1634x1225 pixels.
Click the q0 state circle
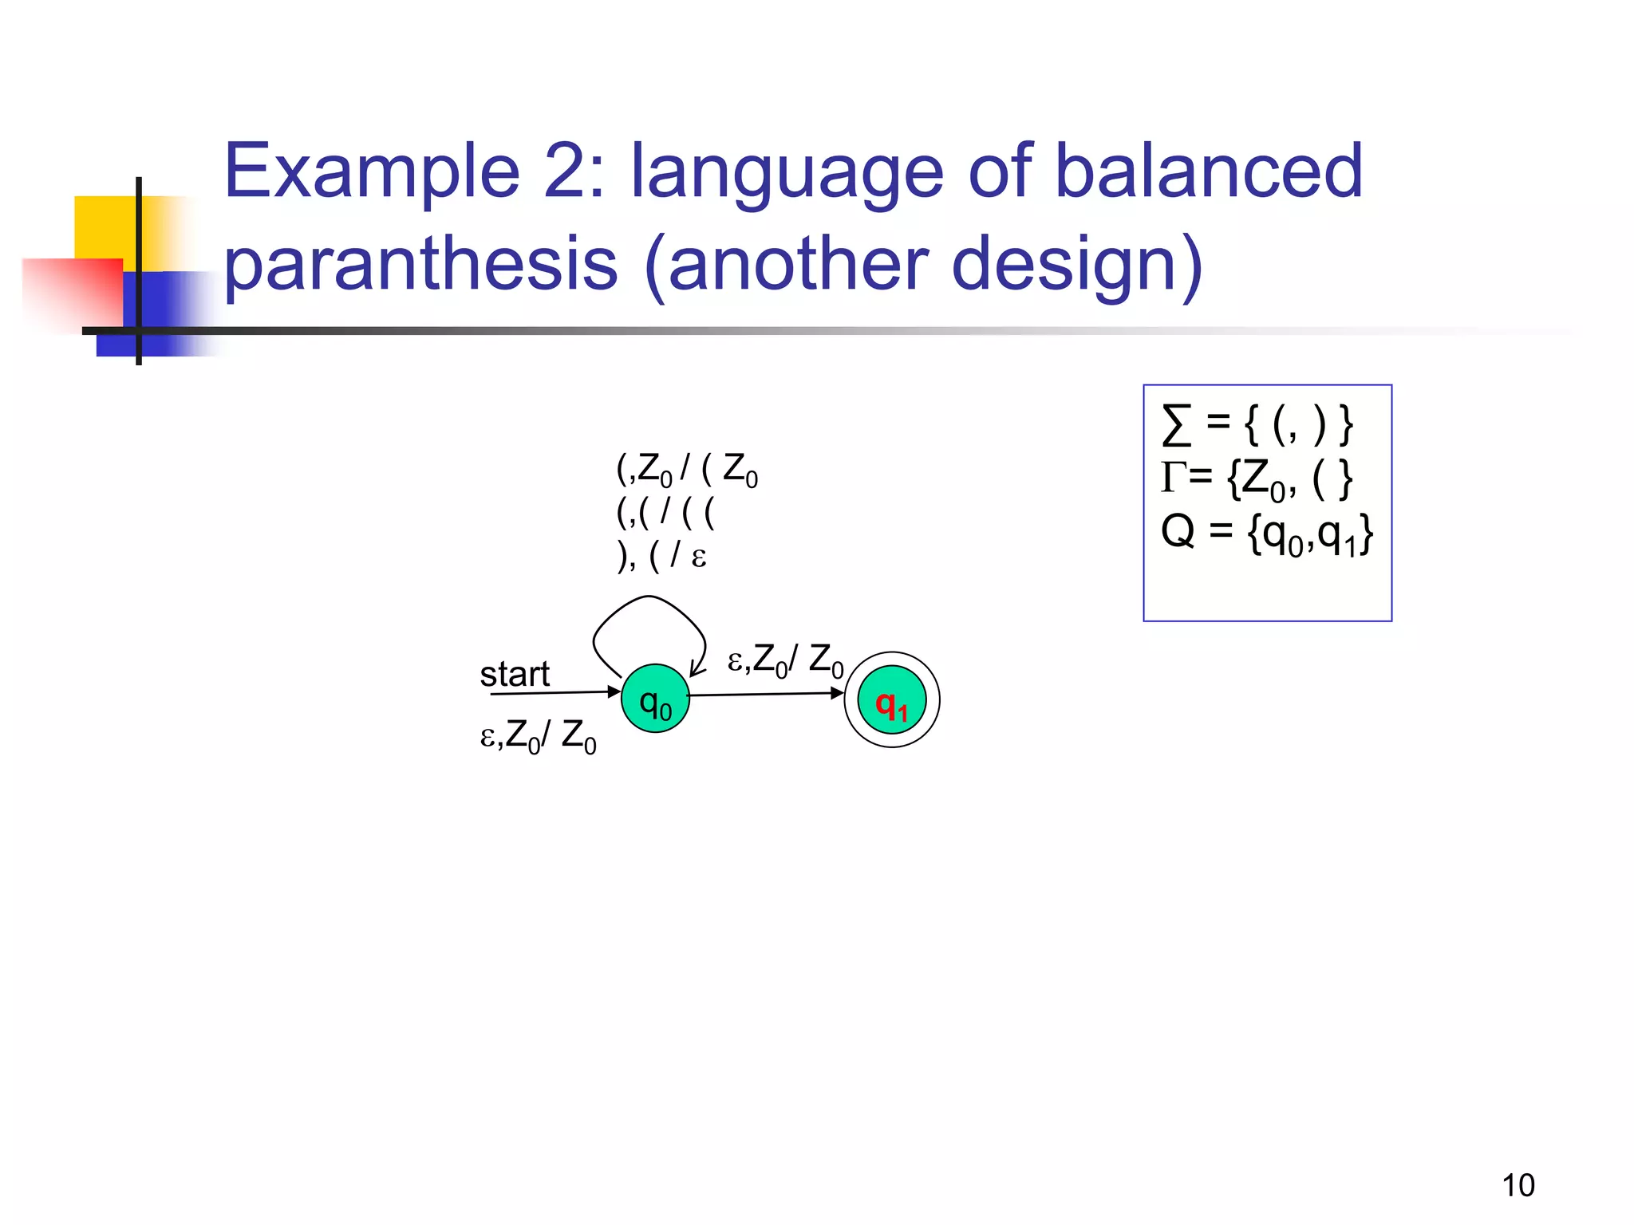coord(655,699)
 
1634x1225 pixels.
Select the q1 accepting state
coord(891,700)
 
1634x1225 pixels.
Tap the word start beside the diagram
coord(515,674)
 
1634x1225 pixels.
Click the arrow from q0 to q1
coord(766,695)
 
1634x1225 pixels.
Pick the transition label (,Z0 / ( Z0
coord(687,470)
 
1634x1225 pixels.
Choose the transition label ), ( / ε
coord(662,555)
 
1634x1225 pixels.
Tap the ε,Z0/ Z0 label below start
coord(538,736)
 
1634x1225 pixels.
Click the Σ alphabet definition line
coord(1257,424)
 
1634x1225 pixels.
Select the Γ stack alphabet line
coord(1257,479)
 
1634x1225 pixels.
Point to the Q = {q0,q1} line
coord(1266,533)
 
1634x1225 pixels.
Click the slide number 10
coord(1518,1185)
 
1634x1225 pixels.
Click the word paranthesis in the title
coord(421,263)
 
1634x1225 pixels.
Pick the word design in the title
coord(1077,263)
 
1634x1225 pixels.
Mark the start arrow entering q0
coord(555,692)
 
